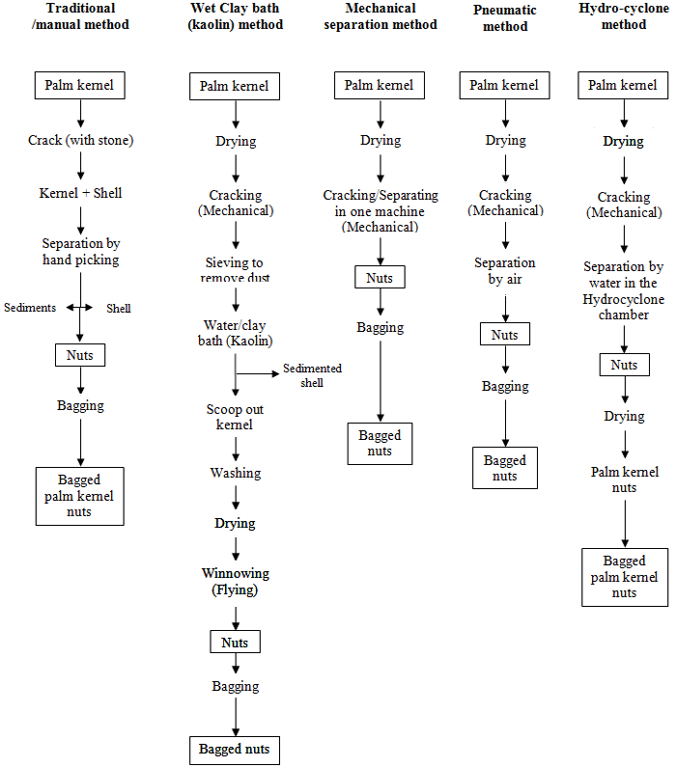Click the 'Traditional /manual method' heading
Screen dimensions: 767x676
80,16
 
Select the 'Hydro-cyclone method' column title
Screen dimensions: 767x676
624,16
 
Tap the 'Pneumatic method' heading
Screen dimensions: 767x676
505,18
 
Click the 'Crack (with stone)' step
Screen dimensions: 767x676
80,141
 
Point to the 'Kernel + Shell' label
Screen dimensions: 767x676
80,193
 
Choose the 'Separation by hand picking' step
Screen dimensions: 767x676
80,252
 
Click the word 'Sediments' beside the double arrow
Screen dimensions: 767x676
30,308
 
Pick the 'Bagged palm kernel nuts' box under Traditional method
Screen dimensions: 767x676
80,496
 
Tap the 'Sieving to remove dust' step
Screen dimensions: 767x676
235,270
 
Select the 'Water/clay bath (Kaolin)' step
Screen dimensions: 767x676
235,333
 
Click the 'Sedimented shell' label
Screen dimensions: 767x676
312,375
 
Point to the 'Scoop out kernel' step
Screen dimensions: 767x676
235,417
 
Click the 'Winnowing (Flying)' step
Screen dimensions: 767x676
235,581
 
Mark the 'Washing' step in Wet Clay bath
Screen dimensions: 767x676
235,473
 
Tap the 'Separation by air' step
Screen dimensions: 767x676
505,270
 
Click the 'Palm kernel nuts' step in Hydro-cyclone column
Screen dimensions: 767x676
625,479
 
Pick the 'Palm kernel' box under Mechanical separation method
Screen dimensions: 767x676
380,85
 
